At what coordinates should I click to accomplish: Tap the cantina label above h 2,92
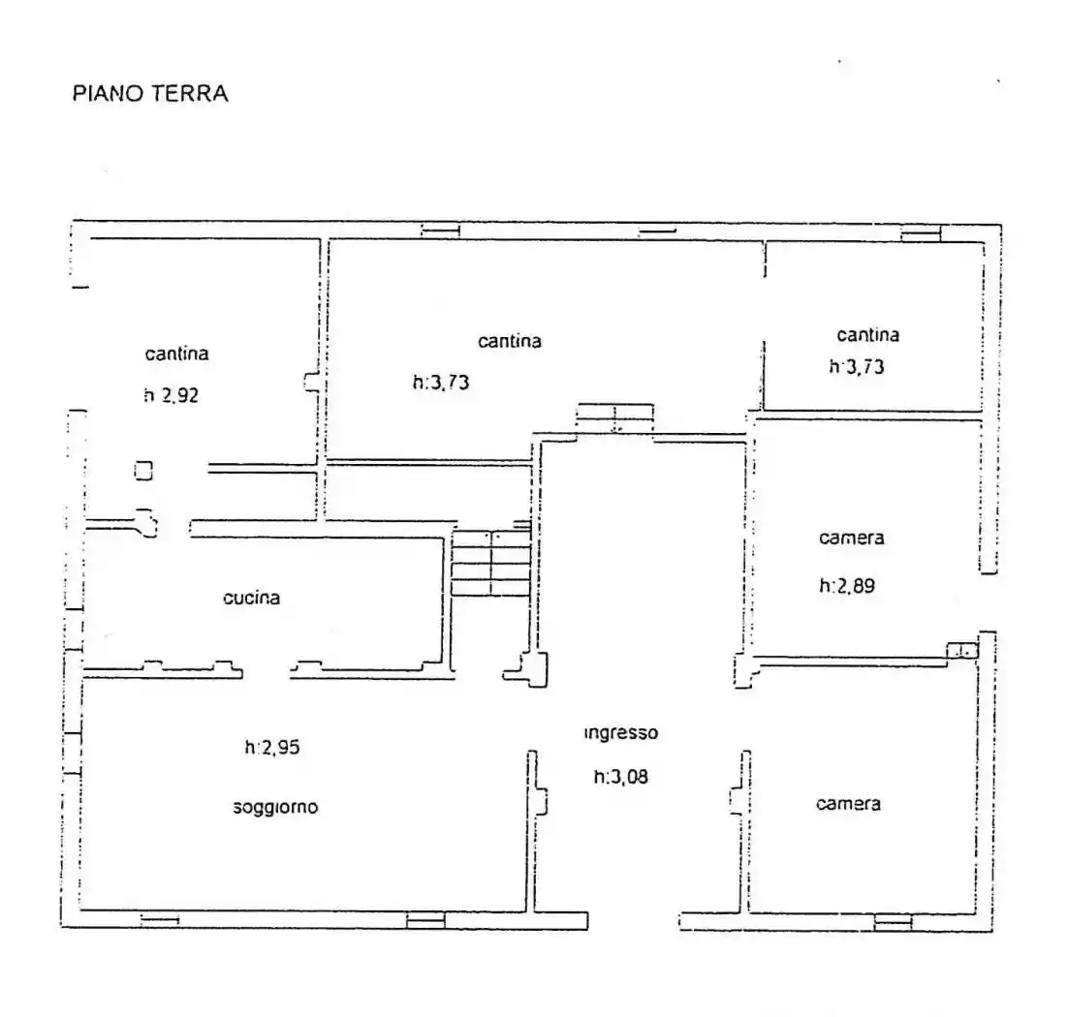point(176,354)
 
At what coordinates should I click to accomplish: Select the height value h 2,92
point(171,395)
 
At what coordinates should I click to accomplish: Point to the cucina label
point(251,598)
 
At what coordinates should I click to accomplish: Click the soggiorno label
point(275,807)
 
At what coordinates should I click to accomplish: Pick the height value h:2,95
point(278,747)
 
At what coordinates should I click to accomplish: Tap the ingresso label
point(621,733)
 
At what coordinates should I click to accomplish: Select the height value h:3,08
point(620,776)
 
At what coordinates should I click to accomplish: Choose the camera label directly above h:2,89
point(851,538)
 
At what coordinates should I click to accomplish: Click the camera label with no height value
point(848,804)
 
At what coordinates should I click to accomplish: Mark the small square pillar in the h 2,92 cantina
point(143,471)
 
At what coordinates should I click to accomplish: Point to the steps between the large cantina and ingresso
point(614,417)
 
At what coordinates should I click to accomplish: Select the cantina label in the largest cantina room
point(509,341)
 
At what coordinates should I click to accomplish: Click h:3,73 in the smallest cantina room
point(857,366)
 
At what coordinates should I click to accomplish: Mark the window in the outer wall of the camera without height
point(893,921)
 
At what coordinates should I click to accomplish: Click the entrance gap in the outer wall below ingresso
point(633,920)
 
